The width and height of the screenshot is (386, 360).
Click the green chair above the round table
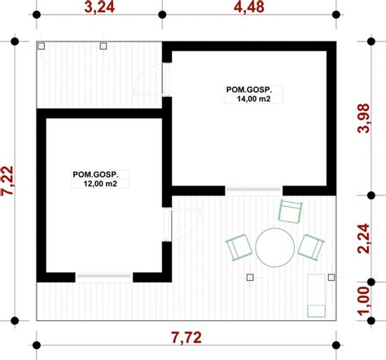pyautogui.click(x=290, y=211)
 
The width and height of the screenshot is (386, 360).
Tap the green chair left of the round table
pyautogui.click(x=238, y=247)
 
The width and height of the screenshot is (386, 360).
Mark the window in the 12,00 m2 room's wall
pyautogui.click(x=103, y=278)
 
